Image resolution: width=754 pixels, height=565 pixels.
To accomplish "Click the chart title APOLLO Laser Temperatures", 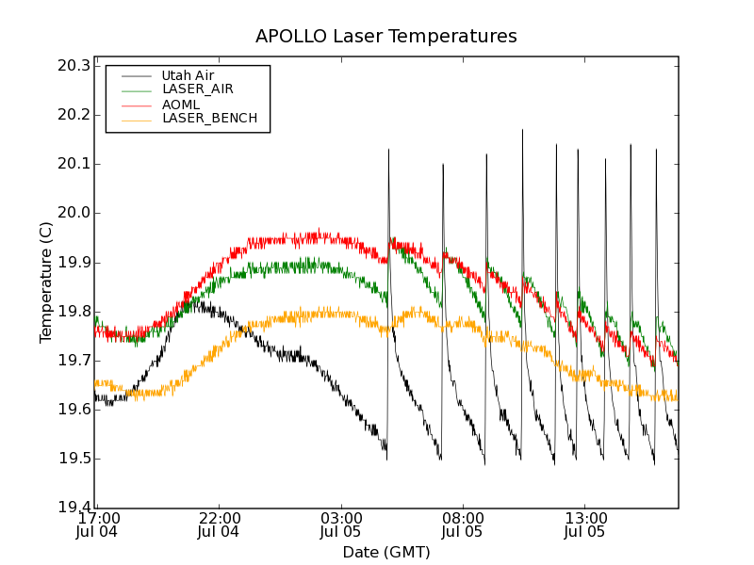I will [386, 37].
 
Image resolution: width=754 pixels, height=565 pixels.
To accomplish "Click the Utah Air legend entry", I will [188, 74].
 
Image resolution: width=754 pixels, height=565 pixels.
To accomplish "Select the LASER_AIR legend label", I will [198, 89].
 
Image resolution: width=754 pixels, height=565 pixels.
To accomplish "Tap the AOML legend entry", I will [181, 104].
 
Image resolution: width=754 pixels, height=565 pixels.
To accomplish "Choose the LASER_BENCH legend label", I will [209, 119].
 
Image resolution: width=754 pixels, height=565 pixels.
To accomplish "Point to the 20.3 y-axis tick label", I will [73, 66].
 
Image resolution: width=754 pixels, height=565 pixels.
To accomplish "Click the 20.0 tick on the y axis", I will [73, 213].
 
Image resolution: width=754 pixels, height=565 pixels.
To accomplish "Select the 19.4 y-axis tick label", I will [73, 508].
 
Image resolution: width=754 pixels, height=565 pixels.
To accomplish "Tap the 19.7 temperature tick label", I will [73, 361].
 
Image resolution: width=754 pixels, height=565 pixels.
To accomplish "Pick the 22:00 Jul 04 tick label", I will [219, 525].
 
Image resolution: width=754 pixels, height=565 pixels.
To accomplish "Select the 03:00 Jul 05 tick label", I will [341, 525].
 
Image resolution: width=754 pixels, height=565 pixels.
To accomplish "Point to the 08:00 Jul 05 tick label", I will [463, 525].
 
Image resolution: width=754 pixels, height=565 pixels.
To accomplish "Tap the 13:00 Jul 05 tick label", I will [585, 525].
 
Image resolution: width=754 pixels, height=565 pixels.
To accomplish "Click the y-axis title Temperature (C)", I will [46, 282].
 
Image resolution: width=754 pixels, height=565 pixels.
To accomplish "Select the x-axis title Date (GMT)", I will [386, 552].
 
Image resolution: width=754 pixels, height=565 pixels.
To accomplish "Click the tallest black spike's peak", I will [522, 130].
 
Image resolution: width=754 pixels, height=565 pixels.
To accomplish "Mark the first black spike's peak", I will [388, 149].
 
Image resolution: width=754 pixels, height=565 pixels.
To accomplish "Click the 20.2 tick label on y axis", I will [73, 115].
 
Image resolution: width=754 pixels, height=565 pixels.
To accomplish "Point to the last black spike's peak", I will [656, 149].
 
